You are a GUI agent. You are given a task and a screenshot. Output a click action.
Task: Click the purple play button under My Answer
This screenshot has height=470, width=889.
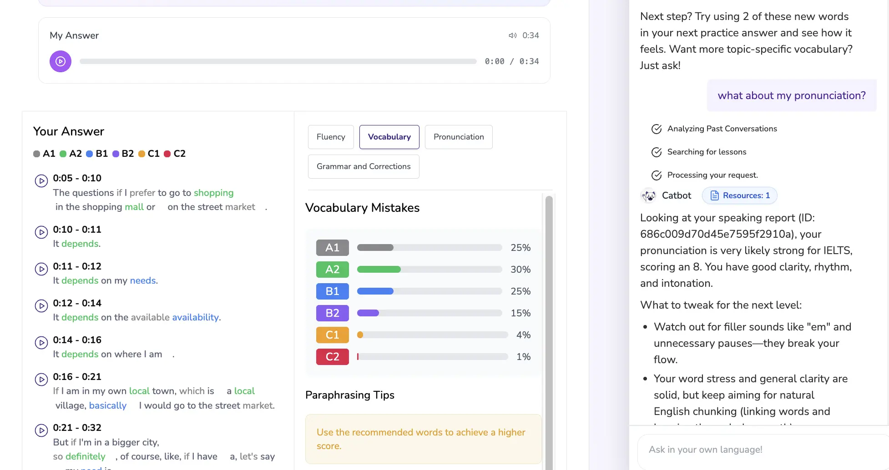coord(61,61)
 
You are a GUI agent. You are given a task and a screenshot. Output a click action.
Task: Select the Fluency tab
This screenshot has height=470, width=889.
coord(331,137)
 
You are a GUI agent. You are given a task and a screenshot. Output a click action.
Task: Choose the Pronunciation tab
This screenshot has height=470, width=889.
coord(459,137)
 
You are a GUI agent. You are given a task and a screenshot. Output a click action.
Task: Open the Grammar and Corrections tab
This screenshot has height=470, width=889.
coord(364,166)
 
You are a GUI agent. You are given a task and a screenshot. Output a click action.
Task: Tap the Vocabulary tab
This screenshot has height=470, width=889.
coord(389,137)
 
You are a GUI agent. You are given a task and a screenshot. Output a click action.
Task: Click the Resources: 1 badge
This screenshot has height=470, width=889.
coord(740,195)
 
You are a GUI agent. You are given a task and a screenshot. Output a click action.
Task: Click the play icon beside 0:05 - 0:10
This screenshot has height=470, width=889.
coord(41,181)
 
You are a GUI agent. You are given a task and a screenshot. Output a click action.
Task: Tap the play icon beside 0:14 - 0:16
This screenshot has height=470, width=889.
coord(41,343)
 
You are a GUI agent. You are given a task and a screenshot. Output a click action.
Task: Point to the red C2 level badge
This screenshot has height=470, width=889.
coord(333,357)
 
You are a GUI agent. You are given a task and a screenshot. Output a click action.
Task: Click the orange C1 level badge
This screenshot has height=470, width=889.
coord(333,335)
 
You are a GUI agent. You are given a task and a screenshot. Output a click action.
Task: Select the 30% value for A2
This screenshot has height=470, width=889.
coord(520,270)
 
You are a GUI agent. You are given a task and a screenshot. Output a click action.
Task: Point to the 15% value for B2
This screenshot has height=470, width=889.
coord(520,313)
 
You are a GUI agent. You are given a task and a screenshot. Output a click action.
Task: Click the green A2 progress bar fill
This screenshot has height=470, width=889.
coord(379,270)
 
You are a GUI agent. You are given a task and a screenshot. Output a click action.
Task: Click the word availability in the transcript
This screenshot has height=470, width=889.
coord(195,317)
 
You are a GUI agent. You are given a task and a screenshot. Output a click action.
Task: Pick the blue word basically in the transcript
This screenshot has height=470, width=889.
coord(108,405)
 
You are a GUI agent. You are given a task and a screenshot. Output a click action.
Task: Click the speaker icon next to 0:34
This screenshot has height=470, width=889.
coord(513,35)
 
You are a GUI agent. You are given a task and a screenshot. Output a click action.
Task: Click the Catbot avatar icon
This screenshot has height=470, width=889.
coord(648,196)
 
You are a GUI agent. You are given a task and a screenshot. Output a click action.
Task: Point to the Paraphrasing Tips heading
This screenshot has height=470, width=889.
coord(350,395)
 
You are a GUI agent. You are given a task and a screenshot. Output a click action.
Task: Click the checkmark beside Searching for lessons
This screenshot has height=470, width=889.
coord(657,152)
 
